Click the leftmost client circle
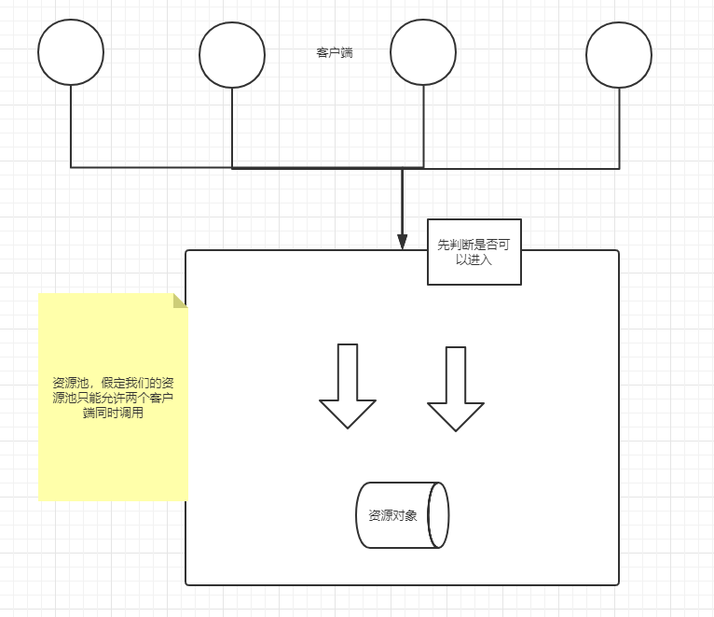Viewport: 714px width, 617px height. pyautogui.click(x=71, y=52)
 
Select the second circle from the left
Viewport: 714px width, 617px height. pyautogui.click(x=232, y=55)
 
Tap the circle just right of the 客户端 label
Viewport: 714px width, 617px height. pyautogui.click(x=423, y=52)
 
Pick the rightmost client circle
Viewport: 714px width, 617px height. pyautogui.click(x=619, y=54)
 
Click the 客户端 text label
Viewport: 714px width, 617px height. pyautogui.click(x=335, y=53)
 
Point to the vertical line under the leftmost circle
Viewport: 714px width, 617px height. pyautogui.click(x=71, y=126)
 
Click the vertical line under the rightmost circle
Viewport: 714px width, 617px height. pyautogui.click(x=619, y=128)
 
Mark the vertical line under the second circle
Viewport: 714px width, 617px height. pyautogui.click(x=232, y=128)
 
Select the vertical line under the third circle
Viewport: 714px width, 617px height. pyautogui.click(x=423, y=126)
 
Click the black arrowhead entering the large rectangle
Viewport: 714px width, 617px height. pyautogui.click(x=403, y=241)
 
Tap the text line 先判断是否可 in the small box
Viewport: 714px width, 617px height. pyautogui.click(x=474, y=245)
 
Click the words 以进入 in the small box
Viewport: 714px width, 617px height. pyautogui.click(x=474, y=260)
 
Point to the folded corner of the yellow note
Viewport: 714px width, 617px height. pyautogui.click(x=180, y=301)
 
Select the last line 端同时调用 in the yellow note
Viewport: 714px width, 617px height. pyautogui.click(x=113, y=413)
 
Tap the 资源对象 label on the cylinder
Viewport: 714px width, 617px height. pyautogui.click(x=392, y=515)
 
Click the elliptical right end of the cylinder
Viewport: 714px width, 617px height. pyautogui.click(x=438, y=515)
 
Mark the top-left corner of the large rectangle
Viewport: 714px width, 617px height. pyautogui.click(x=187, y=252)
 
